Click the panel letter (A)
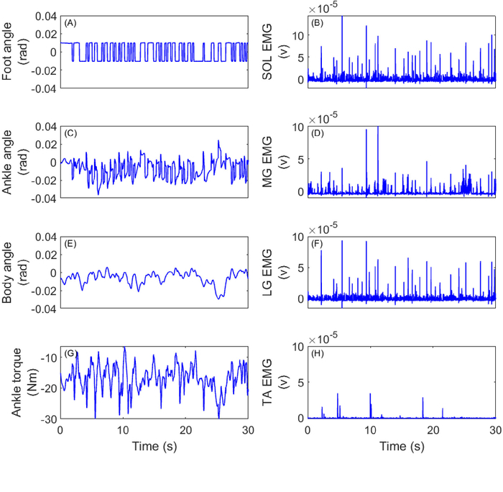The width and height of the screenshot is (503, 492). [70, 24]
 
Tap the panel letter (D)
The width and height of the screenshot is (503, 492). [318, 134]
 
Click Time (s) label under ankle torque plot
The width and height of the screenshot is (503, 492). [154, 447]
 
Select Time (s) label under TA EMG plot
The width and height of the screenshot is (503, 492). [402, 447]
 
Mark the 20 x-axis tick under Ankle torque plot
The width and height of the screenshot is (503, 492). [185, 429]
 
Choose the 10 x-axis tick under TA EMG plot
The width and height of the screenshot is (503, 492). [370, 429]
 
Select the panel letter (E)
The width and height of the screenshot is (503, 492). [70, 244]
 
